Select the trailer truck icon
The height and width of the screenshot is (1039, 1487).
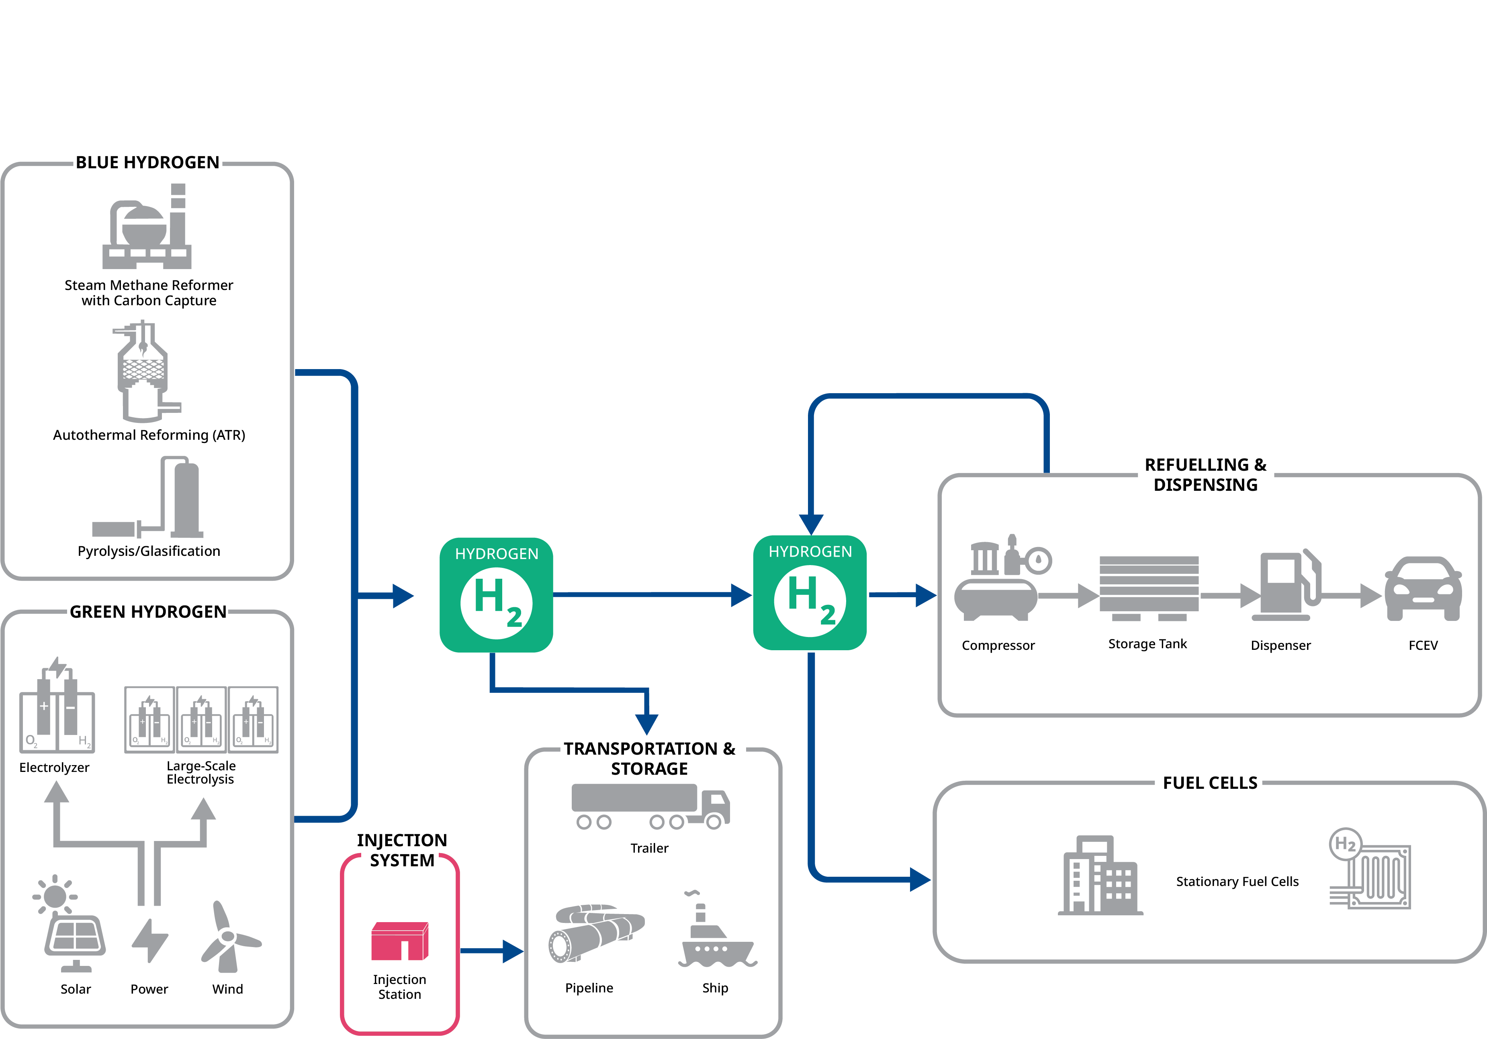[x=650, y=806]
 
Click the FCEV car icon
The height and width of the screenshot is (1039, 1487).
[x=1423, y=589]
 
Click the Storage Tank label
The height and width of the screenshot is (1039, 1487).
[x=1147, y=644]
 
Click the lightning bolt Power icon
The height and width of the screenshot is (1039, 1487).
[x=149, y=940]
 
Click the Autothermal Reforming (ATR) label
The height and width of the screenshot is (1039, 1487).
[x=149, y=435]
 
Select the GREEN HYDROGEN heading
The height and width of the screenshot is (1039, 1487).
[x=148, y=612]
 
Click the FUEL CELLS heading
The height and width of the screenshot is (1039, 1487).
[x=1209, y=783]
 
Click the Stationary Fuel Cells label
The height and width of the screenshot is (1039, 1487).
[x=1237, y=882]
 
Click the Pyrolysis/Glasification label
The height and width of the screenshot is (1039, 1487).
[x=149, y=551]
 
